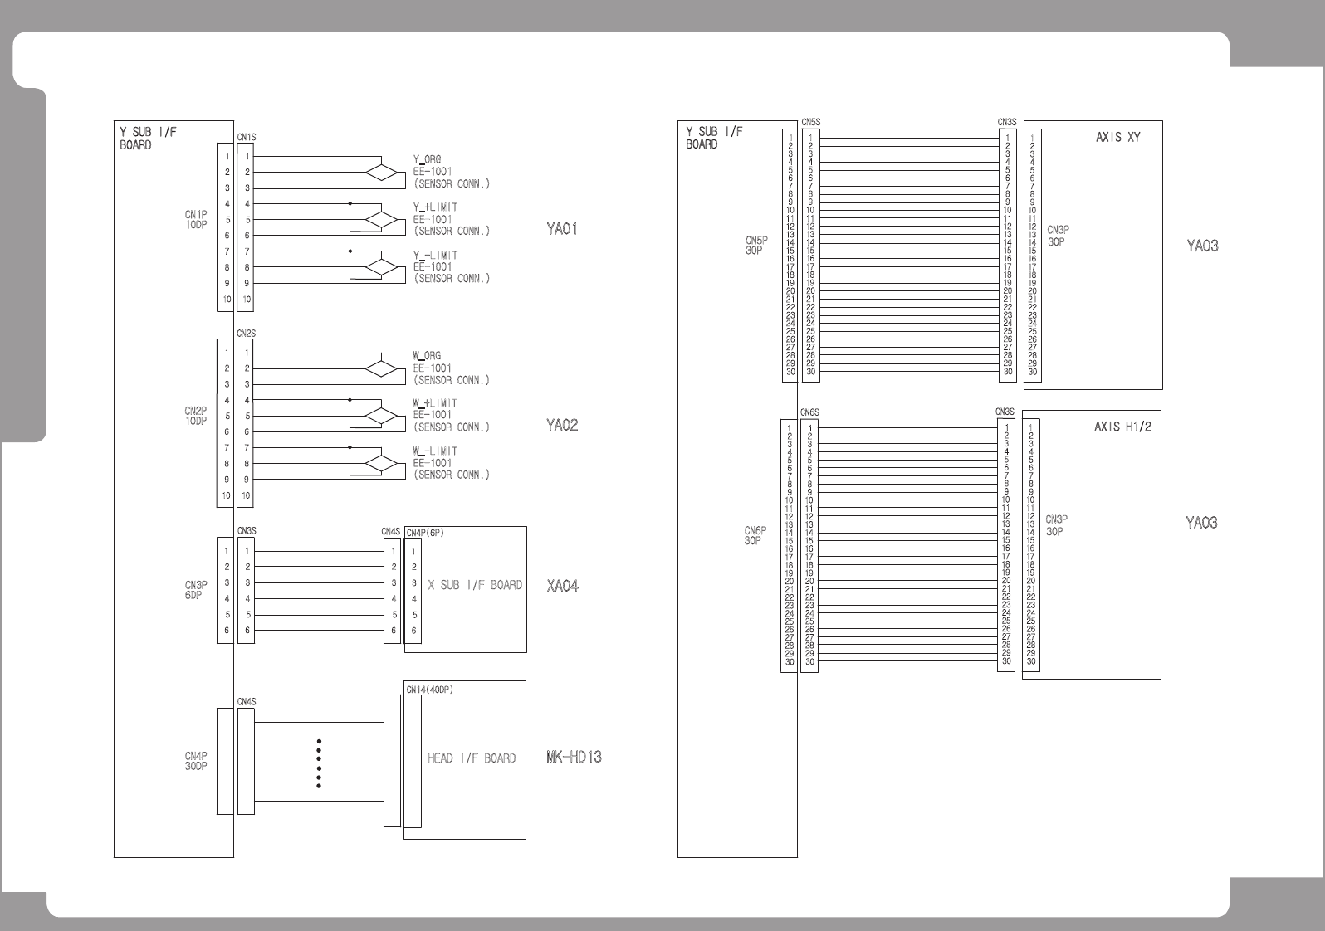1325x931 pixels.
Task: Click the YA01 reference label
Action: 561,229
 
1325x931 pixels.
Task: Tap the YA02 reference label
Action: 562,426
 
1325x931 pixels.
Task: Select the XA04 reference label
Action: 562,586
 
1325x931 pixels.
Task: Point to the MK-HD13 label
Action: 574,757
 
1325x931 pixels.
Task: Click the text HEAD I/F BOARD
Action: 472,758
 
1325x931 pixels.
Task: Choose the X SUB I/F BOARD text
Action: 475,585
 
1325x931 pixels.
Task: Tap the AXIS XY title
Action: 1117,137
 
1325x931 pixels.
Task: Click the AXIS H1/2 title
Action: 1122,427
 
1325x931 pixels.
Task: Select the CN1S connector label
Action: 247,137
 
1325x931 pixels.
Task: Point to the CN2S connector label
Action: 246,334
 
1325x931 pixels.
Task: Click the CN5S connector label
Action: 810,122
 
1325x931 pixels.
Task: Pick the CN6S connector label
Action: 809,412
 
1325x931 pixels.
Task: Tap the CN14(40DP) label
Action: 429,689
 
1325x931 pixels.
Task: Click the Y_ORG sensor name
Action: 427,159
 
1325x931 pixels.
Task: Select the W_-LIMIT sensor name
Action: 435,451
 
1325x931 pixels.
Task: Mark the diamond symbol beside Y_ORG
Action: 383,173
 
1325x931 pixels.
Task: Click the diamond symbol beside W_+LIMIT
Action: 383,417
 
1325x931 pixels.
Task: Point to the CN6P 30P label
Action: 755,536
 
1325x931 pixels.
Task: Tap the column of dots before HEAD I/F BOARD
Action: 319,763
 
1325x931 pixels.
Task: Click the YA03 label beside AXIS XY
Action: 1202,246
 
